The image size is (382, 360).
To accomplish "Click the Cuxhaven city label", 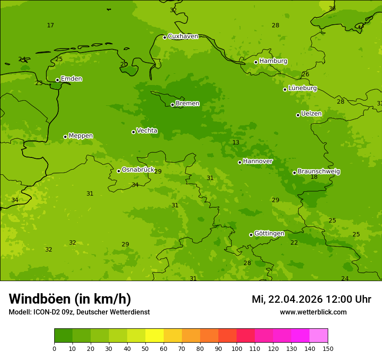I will pos(183,36).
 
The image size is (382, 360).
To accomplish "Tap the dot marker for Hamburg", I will pos(256,62).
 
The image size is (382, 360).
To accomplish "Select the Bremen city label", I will pos(188,104).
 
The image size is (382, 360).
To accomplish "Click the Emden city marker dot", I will pos(57,80).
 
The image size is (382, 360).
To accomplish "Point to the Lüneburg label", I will pos(303,88).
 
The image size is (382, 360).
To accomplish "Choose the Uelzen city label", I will pos(311,114).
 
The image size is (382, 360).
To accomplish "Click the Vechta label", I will pos(147,131).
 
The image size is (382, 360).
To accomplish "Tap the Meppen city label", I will pos(81,136).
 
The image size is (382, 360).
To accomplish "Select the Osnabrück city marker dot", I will pos(119,171).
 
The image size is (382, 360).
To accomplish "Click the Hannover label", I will pos(258,161).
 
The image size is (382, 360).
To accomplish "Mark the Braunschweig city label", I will pos(319,172).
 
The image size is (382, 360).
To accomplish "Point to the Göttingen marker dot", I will pos(251,235).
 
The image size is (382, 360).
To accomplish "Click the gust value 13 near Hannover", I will pos(236,143).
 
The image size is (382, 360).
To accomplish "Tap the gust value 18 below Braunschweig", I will pos(314,177).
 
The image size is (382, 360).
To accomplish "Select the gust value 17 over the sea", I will pos(50,26).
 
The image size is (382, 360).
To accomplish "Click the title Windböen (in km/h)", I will pos(70,299).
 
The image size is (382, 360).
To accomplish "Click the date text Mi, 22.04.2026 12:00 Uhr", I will pos(311,299).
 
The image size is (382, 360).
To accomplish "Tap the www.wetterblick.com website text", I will pos(313,312).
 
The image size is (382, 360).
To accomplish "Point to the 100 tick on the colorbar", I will pos(237,348).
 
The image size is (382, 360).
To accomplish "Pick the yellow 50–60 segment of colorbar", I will pos(155,336).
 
